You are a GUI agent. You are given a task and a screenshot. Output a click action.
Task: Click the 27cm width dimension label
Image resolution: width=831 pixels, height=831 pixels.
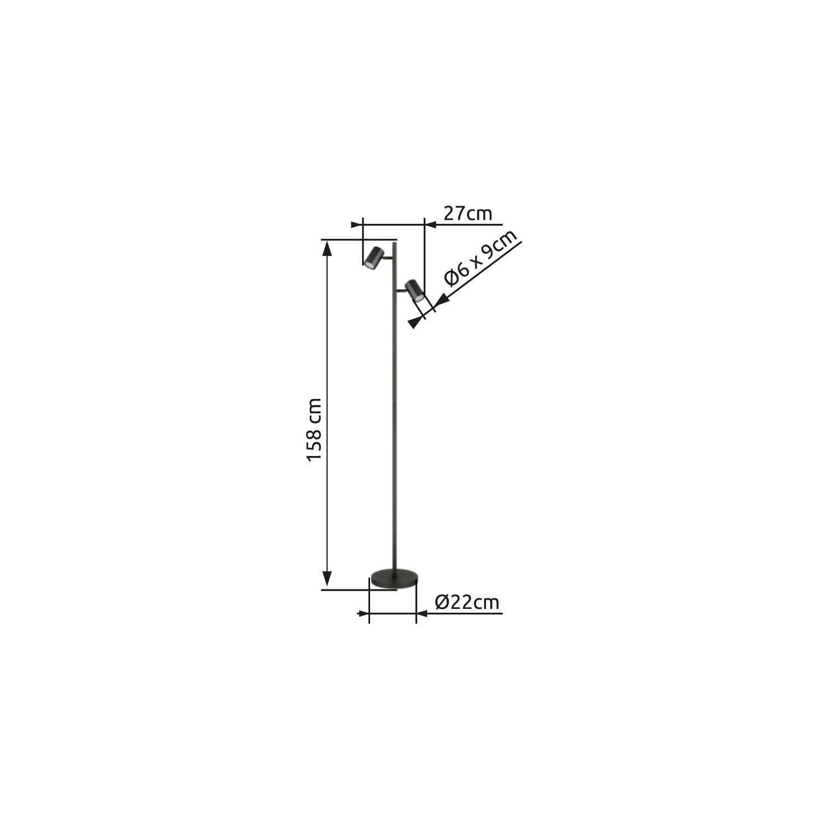click(468, 213)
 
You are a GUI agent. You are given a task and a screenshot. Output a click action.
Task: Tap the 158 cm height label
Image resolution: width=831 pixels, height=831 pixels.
click(314, 429)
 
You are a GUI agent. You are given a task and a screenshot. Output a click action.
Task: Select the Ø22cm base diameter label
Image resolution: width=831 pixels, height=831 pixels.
click(467, 602)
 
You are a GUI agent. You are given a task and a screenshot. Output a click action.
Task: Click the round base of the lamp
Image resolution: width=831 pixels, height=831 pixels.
click(394, 578)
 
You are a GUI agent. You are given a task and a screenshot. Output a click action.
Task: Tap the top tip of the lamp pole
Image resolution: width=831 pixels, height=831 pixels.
click(394, 240)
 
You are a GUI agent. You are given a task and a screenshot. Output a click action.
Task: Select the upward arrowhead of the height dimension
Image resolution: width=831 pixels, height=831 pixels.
click(327, 249)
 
